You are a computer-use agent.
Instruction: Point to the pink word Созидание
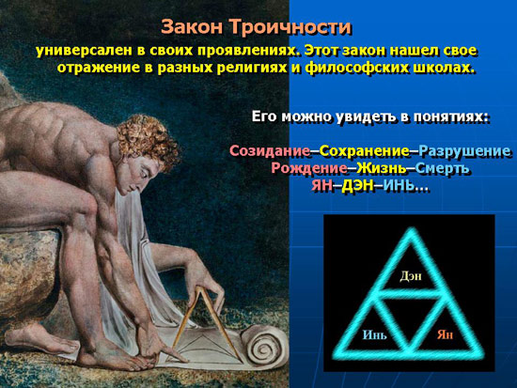tap(270, 151)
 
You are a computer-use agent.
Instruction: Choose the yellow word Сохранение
tap(365, 151)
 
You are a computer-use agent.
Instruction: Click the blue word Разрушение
tap(465, 151)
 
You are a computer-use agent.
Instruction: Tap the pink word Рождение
tap(308, 168)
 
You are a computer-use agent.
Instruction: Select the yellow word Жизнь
tap(383, 168)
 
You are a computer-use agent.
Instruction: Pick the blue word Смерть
tap(442, 168)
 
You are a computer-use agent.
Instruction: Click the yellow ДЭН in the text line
tap(357, 186)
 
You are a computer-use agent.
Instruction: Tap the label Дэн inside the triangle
tap(411, 276)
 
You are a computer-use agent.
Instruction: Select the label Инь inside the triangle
tap(374, 335)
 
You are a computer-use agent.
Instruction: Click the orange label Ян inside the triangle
tap(446, 335)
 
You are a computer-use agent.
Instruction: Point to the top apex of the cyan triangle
tap(411, 229)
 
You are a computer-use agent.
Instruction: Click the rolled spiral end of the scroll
tap(264, 345)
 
